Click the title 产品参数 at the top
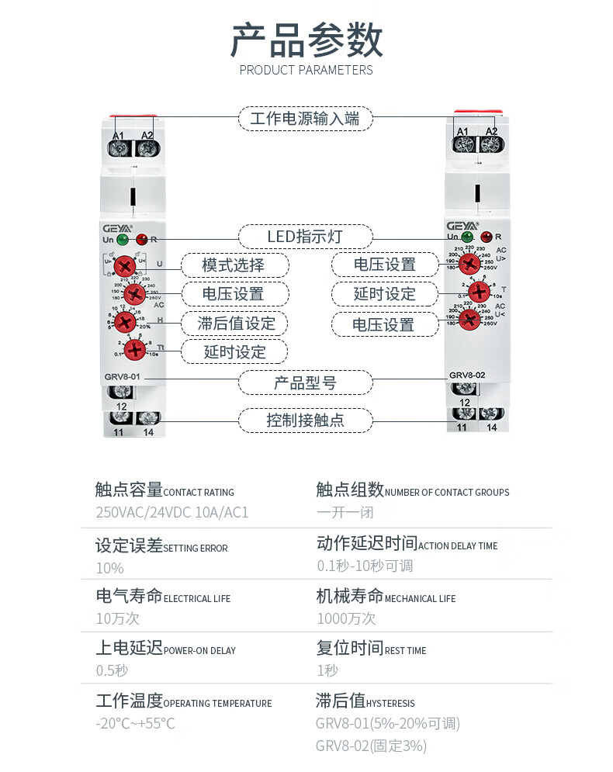coord(306,40)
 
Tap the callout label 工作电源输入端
coord(305,119)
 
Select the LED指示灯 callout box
coord(305,236)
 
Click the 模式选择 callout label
coord(234,265)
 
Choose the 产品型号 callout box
coord(305,383)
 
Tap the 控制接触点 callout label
coord(305,421)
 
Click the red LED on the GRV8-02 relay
coord(487,236)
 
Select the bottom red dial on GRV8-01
coord(135,351)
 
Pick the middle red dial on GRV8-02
coord(479,293)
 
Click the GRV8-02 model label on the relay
coord(467,375)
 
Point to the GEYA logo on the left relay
coord(117,228)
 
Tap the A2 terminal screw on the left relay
coord(146,146)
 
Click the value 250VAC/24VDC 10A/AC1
coord(171,513)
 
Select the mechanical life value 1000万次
coord(346,618)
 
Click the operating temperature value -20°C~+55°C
coord(135,724)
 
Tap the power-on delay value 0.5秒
coord(112,670)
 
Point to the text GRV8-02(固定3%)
coord(371,746)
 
